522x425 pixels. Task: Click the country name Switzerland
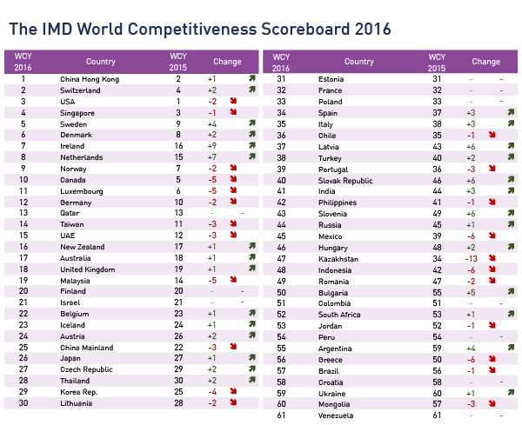click(77, 90)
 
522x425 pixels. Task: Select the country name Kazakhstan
click(339, 259)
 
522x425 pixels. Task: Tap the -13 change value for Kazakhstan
click(471, 259)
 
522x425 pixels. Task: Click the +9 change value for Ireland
click(212, 146)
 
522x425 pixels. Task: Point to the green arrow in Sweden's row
click(251, 123)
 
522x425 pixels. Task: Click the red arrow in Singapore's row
click(234, 113)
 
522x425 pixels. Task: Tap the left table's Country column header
click(101, 63)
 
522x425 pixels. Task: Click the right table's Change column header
click(485, 63)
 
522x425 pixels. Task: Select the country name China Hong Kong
click(90, 79)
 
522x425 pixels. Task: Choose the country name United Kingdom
click(87, 270)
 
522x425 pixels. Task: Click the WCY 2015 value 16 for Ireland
click(177, 146)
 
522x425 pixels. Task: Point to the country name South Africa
click(339, 315)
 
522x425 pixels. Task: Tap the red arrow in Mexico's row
click(492, 236)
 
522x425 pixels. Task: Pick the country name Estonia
click(333, 79)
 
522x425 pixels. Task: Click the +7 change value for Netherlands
click(212, 157)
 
